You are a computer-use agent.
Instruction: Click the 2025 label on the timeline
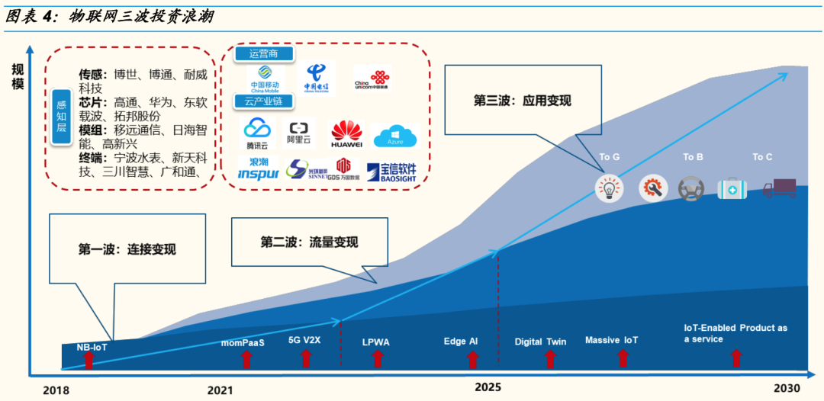(488, 387)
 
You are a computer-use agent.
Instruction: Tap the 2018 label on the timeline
(56, 390)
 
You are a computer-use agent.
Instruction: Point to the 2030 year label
(787, 387)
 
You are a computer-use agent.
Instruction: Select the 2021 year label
(220, 390)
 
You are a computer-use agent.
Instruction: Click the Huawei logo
(346, 134)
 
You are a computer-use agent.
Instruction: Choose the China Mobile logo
(265, 78)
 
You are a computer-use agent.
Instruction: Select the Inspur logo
(258, 169)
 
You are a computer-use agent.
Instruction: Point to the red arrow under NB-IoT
(89, 361)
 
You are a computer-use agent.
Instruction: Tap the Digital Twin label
(540, 342)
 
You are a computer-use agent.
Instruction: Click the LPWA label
(375, 342)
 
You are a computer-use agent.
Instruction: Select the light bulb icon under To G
(609, 188)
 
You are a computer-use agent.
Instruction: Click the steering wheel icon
(691, 188)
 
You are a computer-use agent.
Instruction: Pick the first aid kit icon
(731, 188)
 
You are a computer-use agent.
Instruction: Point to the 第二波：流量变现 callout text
(309, 242)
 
